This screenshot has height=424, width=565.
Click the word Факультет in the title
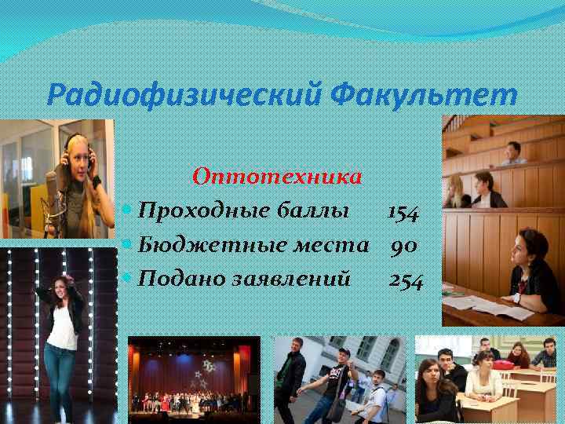(424, 97)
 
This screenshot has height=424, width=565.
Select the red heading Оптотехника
(277, 176)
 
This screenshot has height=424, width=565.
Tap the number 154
(403, 212)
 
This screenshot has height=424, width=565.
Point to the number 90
(404, 246)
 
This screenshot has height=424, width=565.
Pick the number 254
(405, 279)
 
